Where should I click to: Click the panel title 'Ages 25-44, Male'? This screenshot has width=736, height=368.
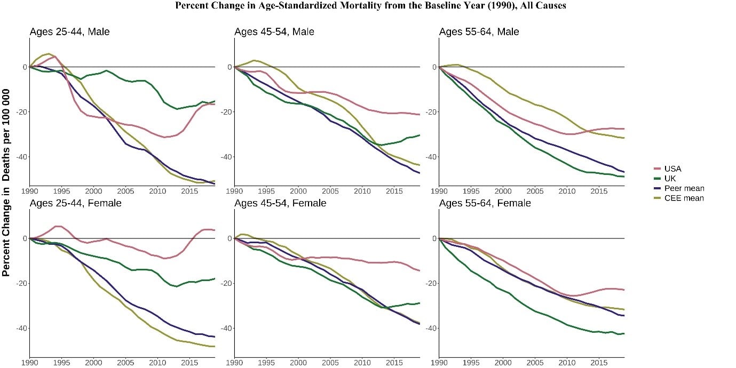tap(69, 32)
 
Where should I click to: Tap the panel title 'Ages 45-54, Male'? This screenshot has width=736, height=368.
tap(274, 32)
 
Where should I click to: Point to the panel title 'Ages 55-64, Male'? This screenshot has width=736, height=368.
tap(479, 32)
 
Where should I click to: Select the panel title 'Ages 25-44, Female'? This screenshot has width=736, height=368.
tap(75, 203)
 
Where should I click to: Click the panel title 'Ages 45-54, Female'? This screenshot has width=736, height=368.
tap(280, 203)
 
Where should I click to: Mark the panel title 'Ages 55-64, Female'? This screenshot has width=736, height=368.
tap(485, 203)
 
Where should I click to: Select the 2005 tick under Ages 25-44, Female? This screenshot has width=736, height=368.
tap(125, 362)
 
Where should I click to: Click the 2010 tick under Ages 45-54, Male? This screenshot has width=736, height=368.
tap(362, 191)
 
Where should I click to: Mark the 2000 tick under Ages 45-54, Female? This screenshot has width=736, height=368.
tap(298, 362)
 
